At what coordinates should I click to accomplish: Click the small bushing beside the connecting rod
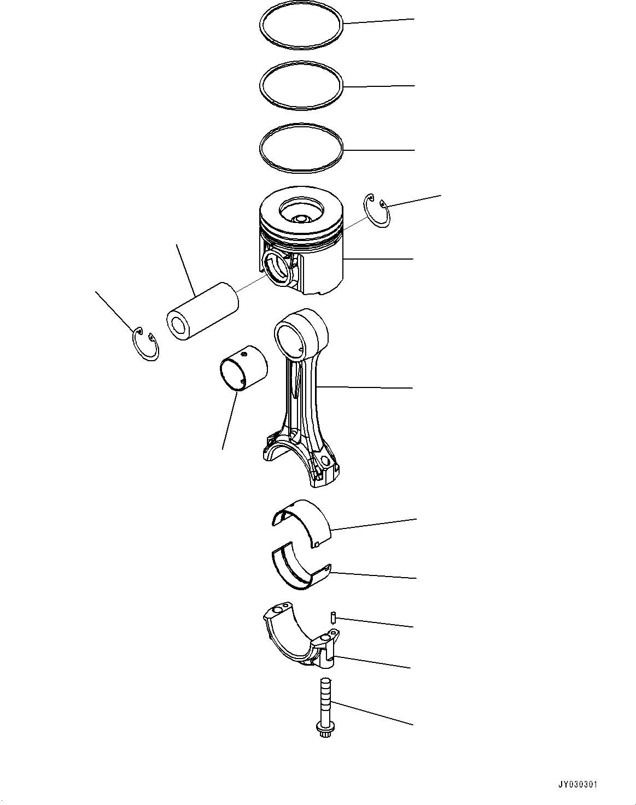pos(243,368)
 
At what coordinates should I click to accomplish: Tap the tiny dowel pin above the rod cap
pos(332,617)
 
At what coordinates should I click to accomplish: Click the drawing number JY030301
pos(578,785)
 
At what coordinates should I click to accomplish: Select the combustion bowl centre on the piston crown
pos(300,218)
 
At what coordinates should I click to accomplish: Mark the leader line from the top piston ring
pos(377,21)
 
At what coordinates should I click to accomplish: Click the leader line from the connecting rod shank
pos(366,387)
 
